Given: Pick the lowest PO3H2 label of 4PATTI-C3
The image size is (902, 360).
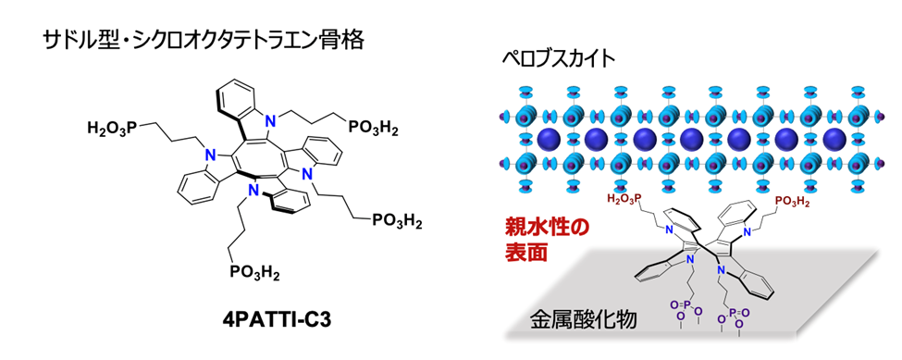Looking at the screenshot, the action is pos(255,271).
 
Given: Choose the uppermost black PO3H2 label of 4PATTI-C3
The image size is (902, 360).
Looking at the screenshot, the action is pos(372,127).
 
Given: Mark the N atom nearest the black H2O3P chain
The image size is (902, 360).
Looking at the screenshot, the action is pos(211,155).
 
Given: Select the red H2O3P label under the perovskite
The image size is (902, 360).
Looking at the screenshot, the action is pos(626,200).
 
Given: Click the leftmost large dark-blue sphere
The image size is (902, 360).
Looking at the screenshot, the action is pos(548,141).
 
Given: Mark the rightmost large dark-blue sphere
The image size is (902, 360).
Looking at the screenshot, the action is pos(834,141).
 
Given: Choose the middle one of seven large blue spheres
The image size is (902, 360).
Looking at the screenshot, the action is pos(691,141).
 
